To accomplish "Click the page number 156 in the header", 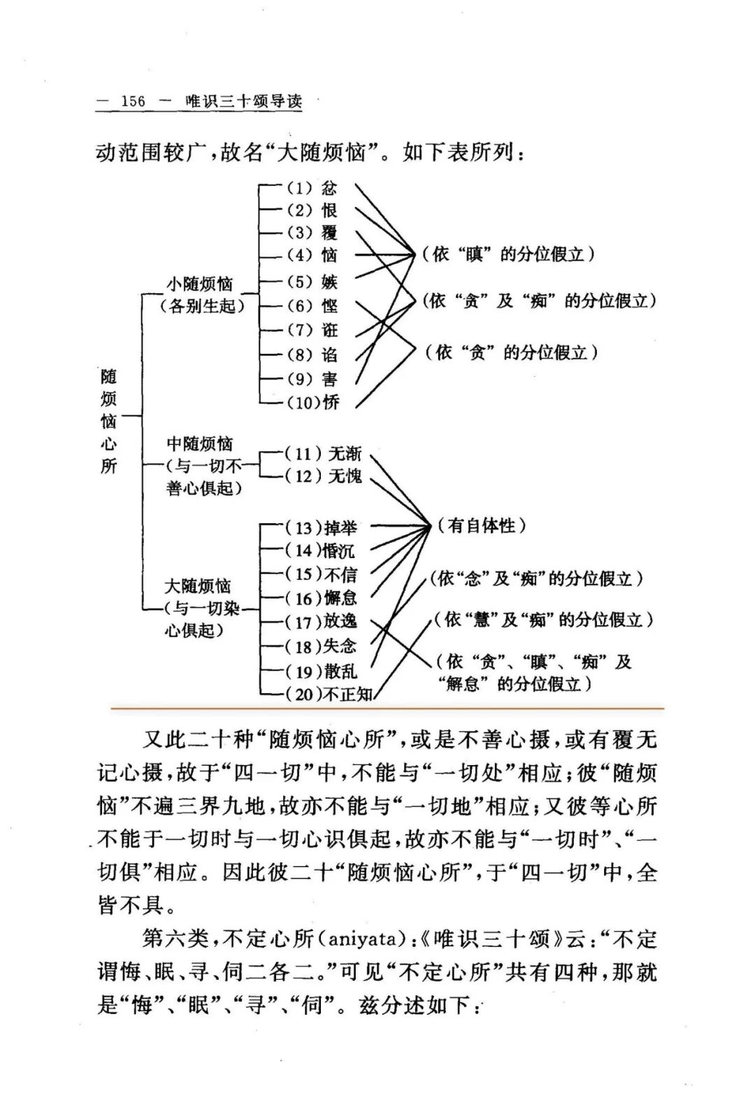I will (132, 101).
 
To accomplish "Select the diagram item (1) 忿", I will (312, 188).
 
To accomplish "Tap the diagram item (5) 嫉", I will (312, 282).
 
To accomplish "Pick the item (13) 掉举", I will (321, 527).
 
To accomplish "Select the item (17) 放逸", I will (321, 621).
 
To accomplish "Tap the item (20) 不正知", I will (329, 694).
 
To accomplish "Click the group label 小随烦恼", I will (199, 284).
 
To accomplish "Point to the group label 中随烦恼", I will (200, 444).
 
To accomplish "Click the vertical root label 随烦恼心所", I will (108, 421).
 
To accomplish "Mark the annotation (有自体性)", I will (482, 525).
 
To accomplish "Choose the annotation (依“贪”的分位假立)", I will (511, 352).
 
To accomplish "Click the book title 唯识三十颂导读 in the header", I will (244, 101).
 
